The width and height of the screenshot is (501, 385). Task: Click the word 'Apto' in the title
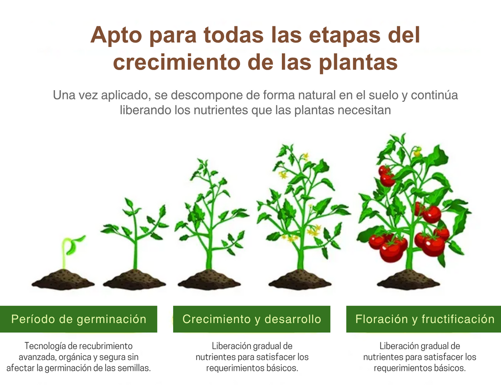(116, 36)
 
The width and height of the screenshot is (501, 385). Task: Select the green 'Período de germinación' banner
(79, 319)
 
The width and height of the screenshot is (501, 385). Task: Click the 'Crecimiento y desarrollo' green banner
(251, 319)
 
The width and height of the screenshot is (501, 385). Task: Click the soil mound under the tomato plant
(408, 280)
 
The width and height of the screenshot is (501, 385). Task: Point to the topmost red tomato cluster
(386, 176)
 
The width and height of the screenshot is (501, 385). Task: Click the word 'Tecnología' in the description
(46, 346)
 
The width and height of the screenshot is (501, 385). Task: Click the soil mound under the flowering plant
(300, 280)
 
